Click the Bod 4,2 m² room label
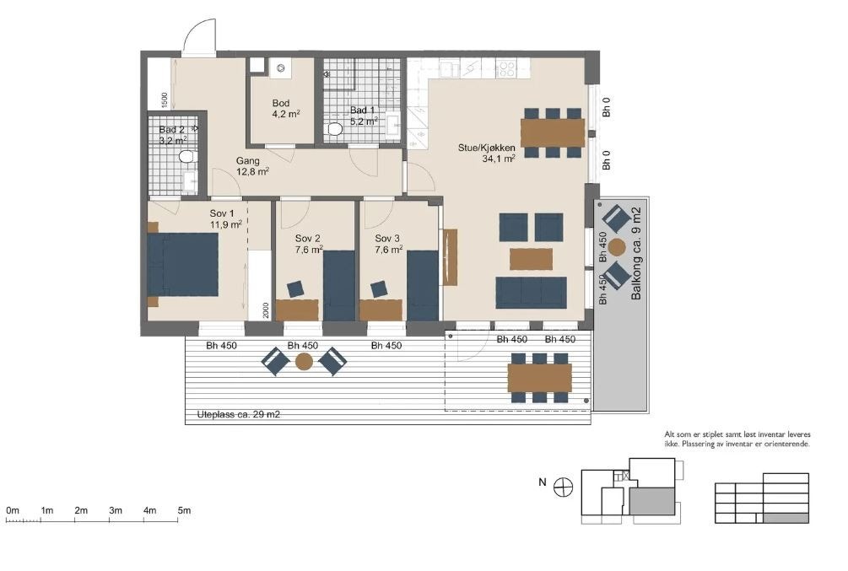(286, 108)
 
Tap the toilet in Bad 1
(335, 129)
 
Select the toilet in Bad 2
(186, 156)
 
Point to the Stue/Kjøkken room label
(487, 153)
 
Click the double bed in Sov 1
(183, 264)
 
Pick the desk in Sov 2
(297, 310)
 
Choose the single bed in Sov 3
(423, 285)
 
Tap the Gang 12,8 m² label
(252, 166)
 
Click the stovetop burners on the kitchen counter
(505, 67)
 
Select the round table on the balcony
(616, 248)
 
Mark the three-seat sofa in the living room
(531, 293)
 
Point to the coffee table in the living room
(531, 258)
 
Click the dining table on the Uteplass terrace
(540, 378)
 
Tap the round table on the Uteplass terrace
(304, 361)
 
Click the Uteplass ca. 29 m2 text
(239, 415)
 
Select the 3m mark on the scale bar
(116, 510)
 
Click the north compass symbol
(563, 488)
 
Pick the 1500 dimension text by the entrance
(165, 100)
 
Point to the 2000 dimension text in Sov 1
(266, 310)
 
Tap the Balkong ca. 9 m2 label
(636, 254)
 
